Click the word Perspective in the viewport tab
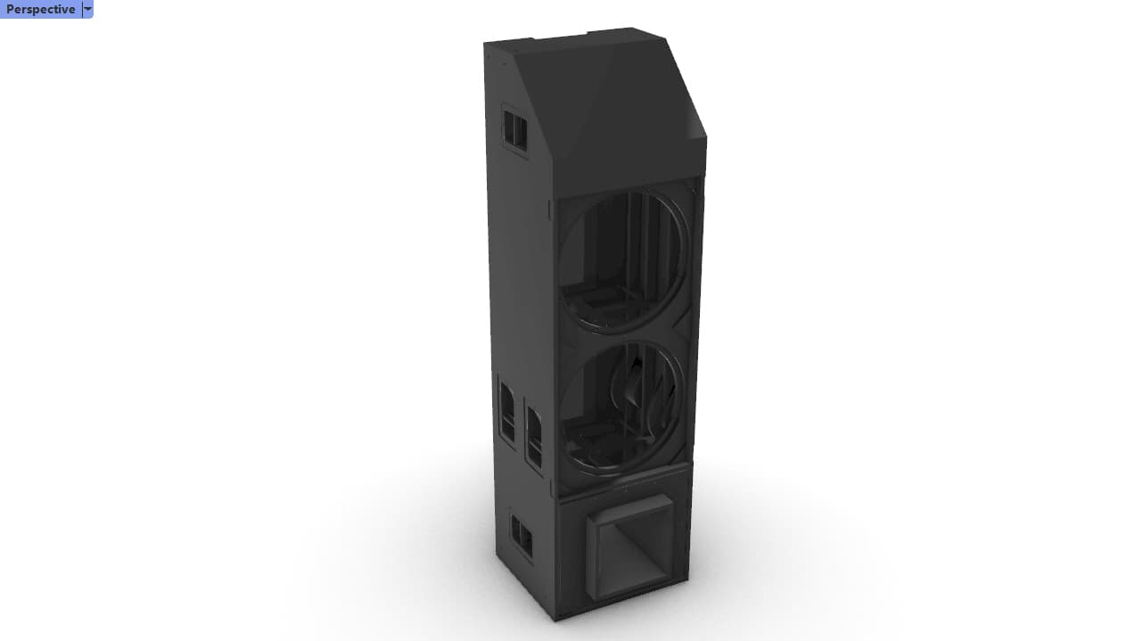pos(40,9)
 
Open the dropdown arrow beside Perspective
pos(87,9)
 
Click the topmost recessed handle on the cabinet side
pos(514,130)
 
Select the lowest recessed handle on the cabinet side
pos(521,537)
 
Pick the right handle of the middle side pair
pos(534,438)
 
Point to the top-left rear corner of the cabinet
pos(485,43)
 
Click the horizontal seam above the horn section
pos(624,481)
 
